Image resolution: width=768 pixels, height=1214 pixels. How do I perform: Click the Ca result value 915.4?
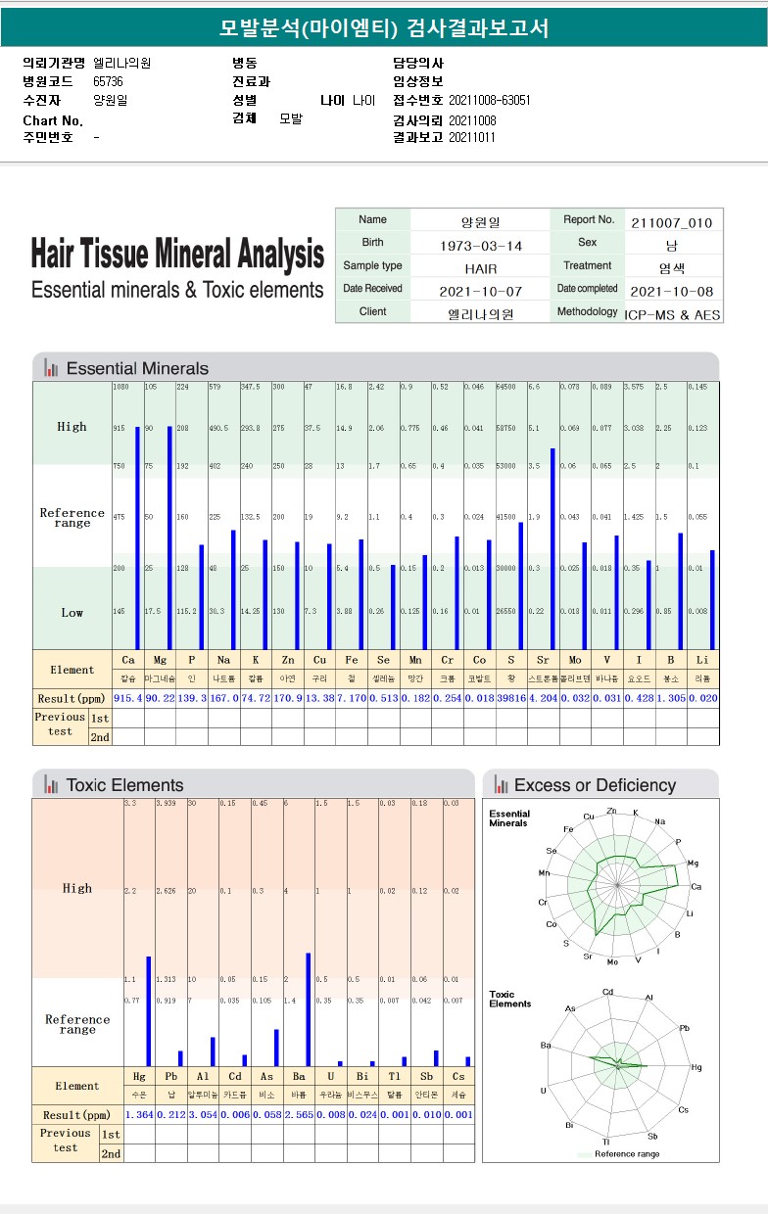coord(128,698)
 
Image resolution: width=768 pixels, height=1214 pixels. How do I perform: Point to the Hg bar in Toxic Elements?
coord(149,1010)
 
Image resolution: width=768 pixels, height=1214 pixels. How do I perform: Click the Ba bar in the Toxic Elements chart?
coord(308,1008)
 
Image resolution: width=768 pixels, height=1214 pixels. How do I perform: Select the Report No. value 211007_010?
coord(671,222)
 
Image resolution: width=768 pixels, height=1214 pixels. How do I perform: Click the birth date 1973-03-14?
coord(480,245)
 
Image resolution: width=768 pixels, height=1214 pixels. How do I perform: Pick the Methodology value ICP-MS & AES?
coord(671,313)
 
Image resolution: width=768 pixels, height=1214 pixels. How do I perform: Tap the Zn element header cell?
coord(288,660)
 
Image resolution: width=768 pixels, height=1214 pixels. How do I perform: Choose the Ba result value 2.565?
coord(299,1115)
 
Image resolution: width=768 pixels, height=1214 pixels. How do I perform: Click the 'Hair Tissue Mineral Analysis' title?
coord(177,255)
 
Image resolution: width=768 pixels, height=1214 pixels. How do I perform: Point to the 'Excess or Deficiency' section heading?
coord(595,785)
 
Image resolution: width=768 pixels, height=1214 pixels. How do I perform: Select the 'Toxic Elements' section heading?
coord(124,785)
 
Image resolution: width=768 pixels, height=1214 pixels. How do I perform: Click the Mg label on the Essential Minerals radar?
coord(694,864)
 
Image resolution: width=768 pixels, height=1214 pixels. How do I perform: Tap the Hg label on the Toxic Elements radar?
coord(696,1067)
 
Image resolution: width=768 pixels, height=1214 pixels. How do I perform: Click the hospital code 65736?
coord(108,81)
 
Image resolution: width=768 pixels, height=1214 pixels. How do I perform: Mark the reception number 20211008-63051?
coord(490,100)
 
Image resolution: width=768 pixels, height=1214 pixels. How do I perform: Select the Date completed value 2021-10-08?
coord(671,292)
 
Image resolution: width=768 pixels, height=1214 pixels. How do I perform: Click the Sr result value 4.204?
coord(544,698)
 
